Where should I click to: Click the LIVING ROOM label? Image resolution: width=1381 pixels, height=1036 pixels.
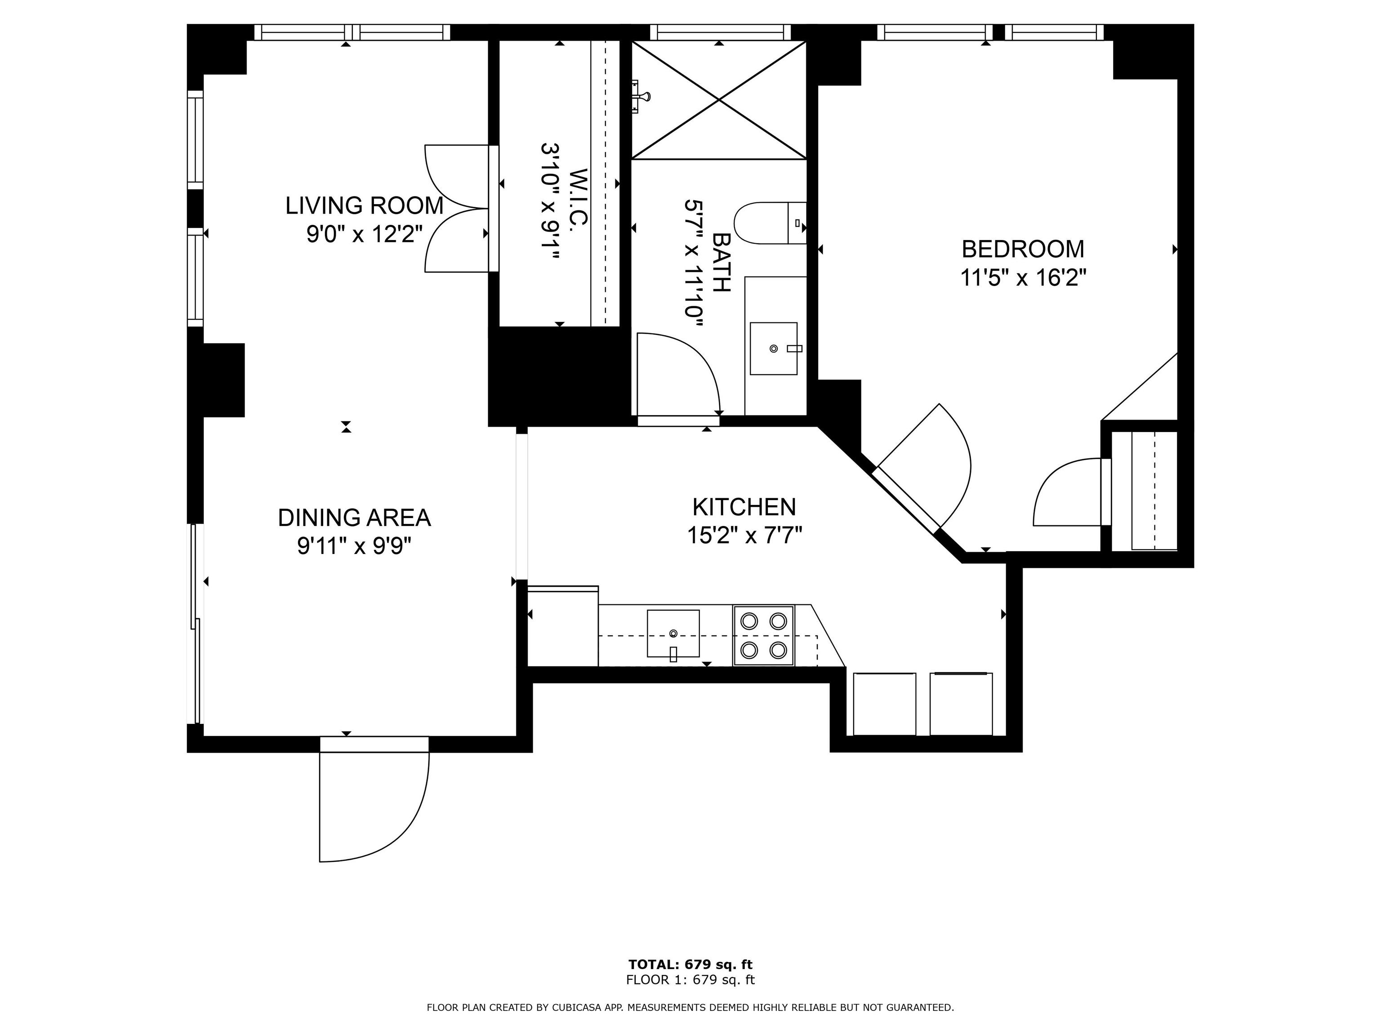click(364, 205)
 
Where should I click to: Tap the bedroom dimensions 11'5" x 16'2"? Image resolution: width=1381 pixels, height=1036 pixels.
click(1023, 277)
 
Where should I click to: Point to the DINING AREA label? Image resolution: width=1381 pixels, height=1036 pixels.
click(354, 518)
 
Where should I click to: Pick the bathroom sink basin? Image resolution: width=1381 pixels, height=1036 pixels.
click(774, 348)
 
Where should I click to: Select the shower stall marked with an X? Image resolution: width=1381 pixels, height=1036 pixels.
click(719, 100)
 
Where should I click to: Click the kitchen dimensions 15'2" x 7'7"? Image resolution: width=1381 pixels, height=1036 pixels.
click(744, 535)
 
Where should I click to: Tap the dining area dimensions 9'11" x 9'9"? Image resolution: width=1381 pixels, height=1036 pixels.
click(354, 546)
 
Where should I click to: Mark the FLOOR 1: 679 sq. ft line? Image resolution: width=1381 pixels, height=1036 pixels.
click(690, 980)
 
